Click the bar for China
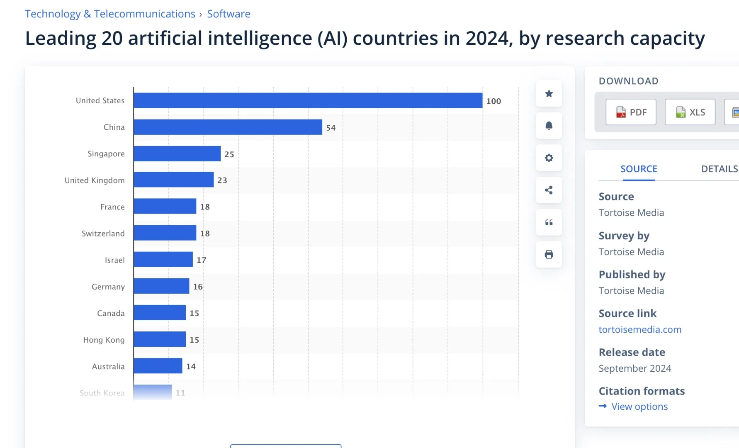228,127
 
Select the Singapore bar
177,153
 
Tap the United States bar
308,100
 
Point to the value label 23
222,180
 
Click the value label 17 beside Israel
202,260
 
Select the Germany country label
108,287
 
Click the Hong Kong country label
104,340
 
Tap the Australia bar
158,366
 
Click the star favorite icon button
549,94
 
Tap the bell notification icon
549,126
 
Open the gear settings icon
549,158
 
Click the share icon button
549,190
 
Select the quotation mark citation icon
549,222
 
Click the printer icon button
549,254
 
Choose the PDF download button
631,112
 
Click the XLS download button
690,112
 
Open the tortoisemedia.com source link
640,329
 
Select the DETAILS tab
720,169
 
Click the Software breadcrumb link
229,14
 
